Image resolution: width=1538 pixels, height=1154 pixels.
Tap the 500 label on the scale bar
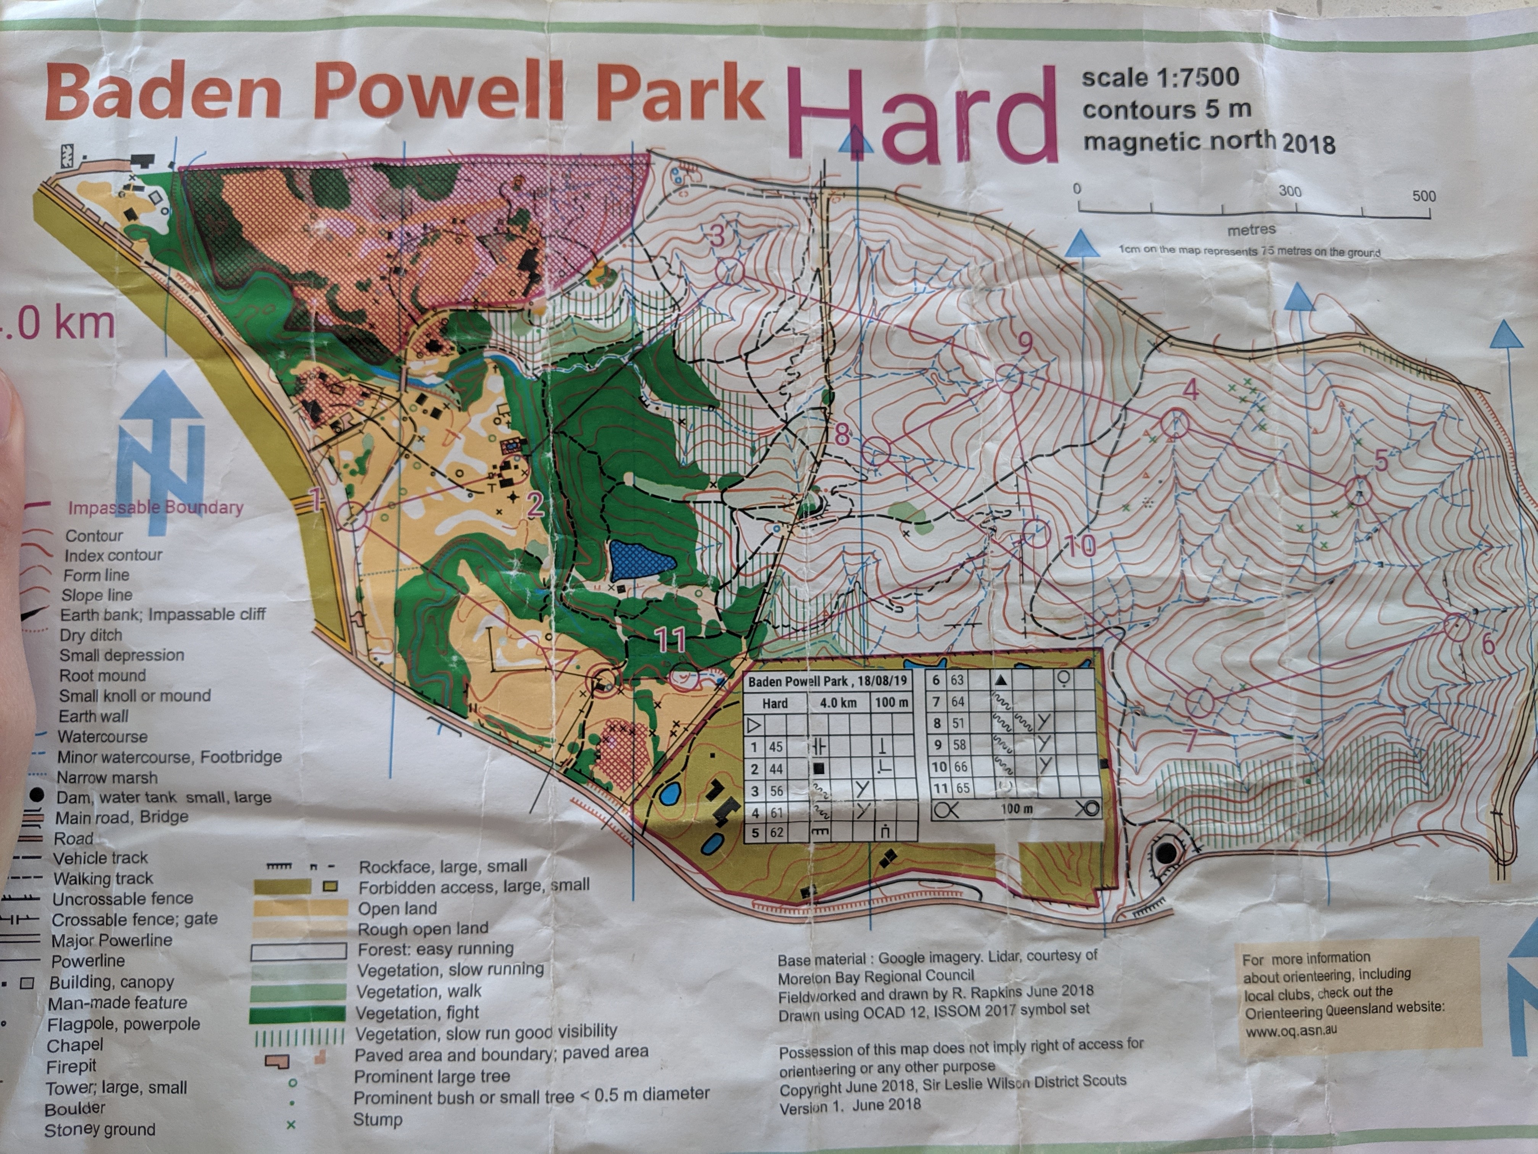1423,196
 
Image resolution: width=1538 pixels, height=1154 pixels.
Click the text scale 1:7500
1160,77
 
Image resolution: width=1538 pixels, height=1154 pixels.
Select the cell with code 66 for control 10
959,767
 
